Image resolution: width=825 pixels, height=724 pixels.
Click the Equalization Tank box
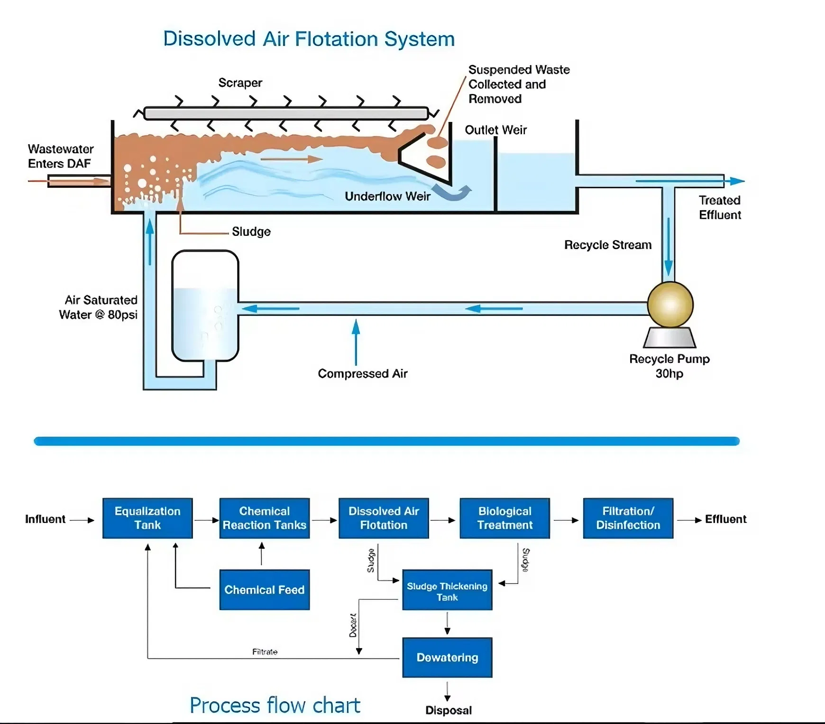click(147, 518)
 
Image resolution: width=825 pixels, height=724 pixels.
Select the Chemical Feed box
click(264, 590)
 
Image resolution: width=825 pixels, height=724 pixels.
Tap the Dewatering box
click(447, 658)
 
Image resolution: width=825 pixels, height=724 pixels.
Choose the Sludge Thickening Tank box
click(447, 590)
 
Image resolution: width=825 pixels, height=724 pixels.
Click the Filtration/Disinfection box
click(628, 518)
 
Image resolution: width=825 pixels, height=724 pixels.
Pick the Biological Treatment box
click(504, 518)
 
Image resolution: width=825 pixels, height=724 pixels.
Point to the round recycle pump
click(670, 305)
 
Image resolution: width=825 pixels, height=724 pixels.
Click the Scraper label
click(240, 83)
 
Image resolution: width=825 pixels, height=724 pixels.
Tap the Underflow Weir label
click(387, 196)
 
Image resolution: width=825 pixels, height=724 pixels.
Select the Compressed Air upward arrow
click(356, 342)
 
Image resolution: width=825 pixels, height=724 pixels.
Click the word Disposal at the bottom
click(449, 710)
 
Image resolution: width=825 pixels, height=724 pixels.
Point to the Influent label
click(45, 519)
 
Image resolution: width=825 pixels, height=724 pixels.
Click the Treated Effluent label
click(720, 208)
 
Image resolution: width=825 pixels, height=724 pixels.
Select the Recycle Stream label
click(607, 245)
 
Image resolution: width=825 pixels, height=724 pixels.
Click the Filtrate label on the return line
click(265, 652)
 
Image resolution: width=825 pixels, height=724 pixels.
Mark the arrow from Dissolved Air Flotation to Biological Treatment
click(443, 520)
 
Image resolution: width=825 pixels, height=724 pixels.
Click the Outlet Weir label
click(495, 130)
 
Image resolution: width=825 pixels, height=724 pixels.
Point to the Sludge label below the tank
click(251, 232)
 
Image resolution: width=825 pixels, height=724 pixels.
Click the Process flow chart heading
click(275, 705)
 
